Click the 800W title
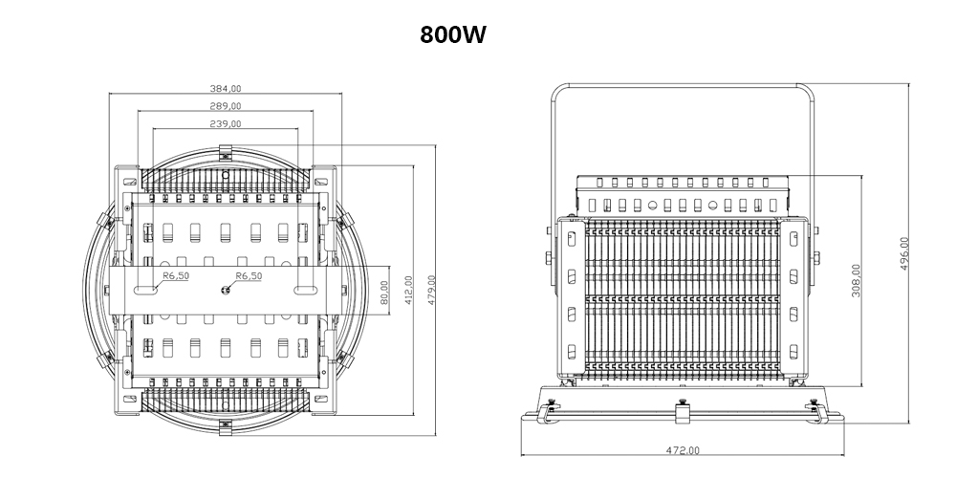coord(453,34)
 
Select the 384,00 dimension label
coord(226,88)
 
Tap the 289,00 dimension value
coord(226,105)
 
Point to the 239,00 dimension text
coord(226,123)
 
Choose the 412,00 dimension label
coord(408,290)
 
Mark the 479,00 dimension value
coord(432,290)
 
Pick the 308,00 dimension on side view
coord(856,281)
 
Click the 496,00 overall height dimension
coord(904,253)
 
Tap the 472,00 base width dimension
coord(683,449)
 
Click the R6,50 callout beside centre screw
coord(250,276)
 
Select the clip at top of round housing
coord(227,151)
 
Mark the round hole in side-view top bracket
coord(652,205)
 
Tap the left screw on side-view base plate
coord(549,402)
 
